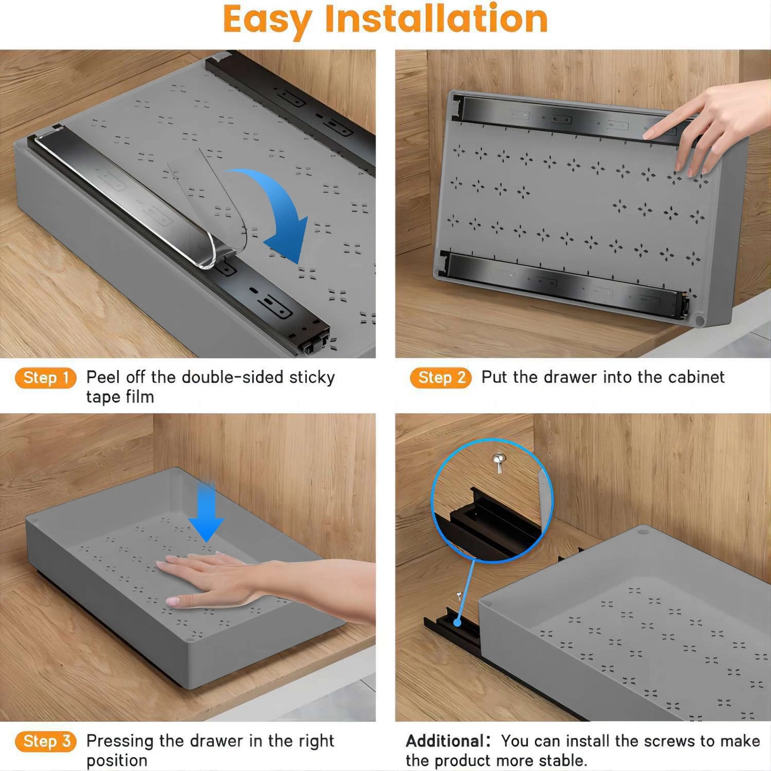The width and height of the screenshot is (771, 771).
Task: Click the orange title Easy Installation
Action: [385, 20]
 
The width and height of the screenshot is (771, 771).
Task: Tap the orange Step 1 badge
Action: [46, 378]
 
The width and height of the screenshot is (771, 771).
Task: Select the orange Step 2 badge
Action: [441, 378]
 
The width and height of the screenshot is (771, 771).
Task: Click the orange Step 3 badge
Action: [46, 741]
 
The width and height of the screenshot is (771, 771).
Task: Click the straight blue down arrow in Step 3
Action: [206, 512]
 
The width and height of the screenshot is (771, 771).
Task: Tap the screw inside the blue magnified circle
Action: [499, 462]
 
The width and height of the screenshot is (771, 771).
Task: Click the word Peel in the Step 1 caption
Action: [103, 377]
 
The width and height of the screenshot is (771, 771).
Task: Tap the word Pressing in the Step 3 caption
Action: [120, 741]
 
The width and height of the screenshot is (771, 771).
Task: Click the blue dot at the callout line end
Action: [457, 623]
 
